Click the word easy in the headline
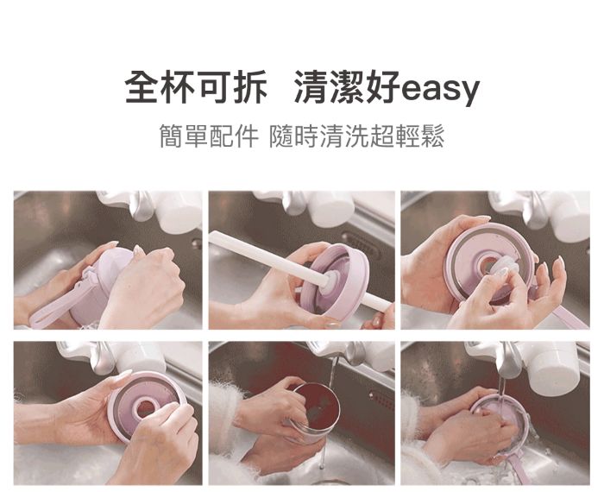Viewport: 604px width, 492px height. click(440, 89)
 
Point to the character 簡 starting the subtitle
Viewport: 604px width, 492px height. click(172, 136)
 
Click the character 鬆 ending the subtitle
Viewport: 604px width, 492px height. click(433, 136)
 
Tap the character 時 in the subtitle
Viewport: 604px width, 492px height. click(306, 136)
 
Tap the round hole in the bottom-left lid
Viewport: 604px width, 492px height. click(146, 407)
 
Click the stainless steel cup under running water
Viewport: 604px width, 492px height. click(312, 413)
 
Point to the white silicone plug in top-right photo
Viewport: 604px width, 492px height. click(500, 269)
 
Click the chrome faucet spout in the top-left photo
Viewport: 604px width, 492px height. click(142, 205)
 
